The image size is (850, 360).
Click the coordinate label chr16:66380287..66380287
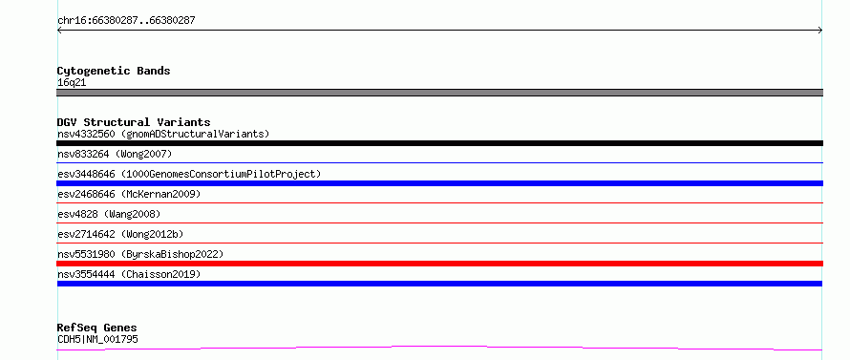coord(126,21)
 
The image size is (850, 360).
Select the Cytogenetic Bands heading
coord(114,71)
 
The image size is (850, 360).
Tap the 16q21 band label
coord(72,83)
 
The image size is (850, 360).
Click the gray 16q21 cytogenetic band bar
coord(439,93)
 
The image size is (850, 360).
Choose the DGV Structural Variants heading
coord(134,122)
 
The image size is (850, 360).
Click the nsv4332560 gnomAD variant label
coord(163,134)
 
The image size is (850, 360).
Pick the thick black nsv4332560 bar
coord(439,143)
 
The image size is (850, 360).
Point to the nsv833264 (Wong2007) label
coord(115,154)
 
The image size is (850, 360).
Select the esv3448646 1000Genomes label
coord(189,174)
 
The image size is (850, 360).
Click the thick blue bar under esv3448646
coord(439,183)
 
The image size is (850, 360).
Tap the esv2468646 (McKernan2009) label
coord(129,194)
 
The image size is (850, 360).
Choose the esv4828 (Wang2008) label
coord(109,214)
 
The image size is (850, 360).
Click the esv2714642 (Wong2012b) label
coord(120,234)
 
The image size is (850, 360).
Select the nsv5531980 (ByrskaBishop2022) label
coord(140,254)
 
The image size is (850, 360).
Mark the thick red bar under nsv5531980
coord(439,264)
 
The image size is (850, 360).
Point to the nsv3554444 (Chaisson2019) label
coord(129,274)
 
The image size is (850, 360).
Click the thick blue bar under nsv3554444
coord(439,284)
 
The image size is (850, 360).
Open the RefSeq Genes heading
coord(97,328)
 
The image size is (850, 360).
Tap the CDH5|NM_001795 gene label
coord(97,339)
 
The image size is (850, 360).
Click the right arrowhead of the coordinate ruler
coord(820,31)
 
